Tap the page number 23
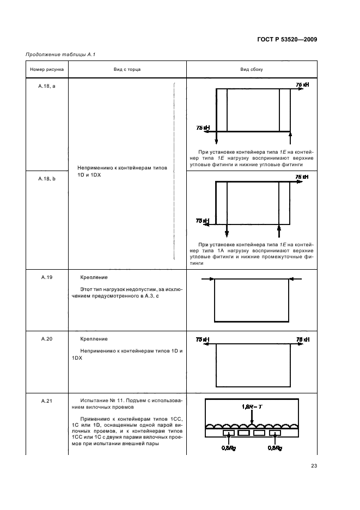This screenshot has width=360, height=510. click(x=314, y=465)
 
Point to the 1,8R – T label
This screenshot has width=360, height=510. click(x=251, y=406)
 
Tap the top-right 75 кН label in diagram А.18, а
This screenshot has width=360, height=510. click(x=302, y=85)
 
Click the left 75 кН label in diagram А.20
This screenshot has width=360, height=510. click(x=202, y=339)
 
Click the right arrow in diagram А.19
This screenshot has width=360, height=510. click(x=294, y=279)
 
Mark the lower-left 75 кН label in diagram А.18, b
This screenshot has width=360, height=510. click(x=202, y=221)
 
